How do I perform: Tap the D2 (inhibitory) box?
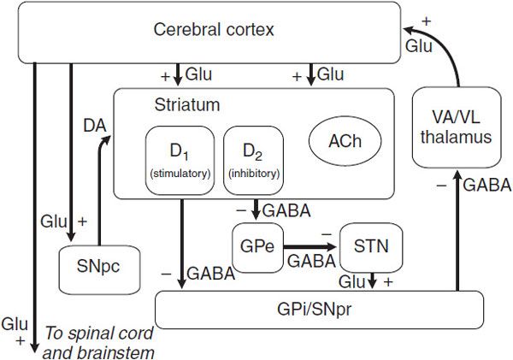point(251,159)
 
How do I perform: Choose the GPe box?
point(256,248)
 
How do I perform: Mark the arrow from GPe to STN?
point(311,247)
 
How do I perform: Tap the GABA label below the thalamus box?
point(487,184)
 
